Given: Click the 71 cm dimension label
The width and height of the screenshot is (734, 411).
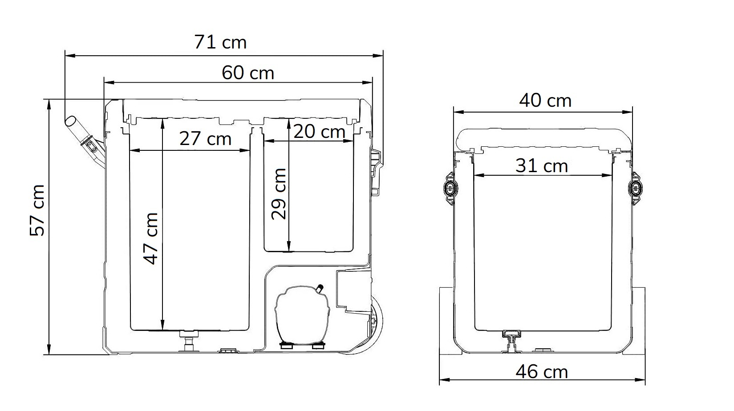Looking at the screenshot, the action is tap(220, 42).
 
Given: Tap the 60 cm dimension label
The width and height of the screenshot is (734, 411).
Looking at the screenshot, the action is tap(248, 73).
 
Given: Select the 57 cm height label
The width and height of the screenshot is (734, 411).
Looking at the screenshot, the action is tap(37, 210).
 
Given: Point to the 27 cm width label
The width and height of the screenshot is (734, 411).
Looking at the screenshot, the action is tap(206, 138).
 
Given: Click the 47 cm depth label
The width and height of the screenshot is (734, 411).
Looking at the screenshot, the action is tap(151, 238).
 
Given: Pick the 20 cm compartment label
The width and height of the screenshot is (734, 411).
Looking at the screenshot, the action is tap(320, 132).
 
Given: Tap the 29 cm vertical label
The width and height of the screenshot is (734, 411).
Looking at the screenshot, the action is tap(279, 194).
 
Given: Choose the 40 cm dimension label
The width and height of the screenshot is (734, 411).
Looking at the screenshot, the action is tap(545, 101).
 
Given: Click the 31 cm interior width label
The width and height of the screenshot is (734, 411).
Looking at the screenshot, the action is tap(542, 166).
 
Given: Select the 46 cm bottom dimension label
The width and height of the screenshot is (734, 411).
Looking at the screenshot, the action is tap(542, 372).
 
